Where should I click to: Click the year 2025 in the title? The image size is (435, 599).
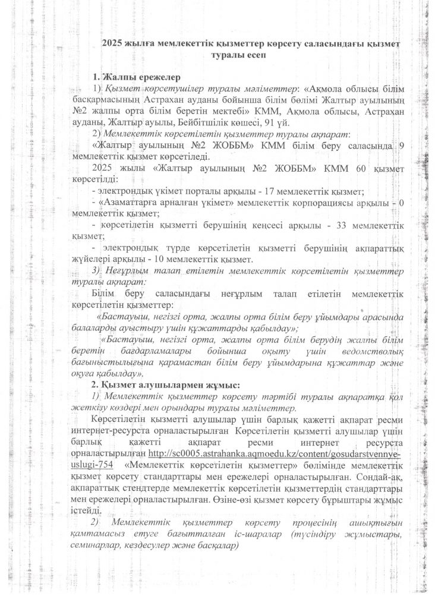pyautogui.click(x=114, y=43)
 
